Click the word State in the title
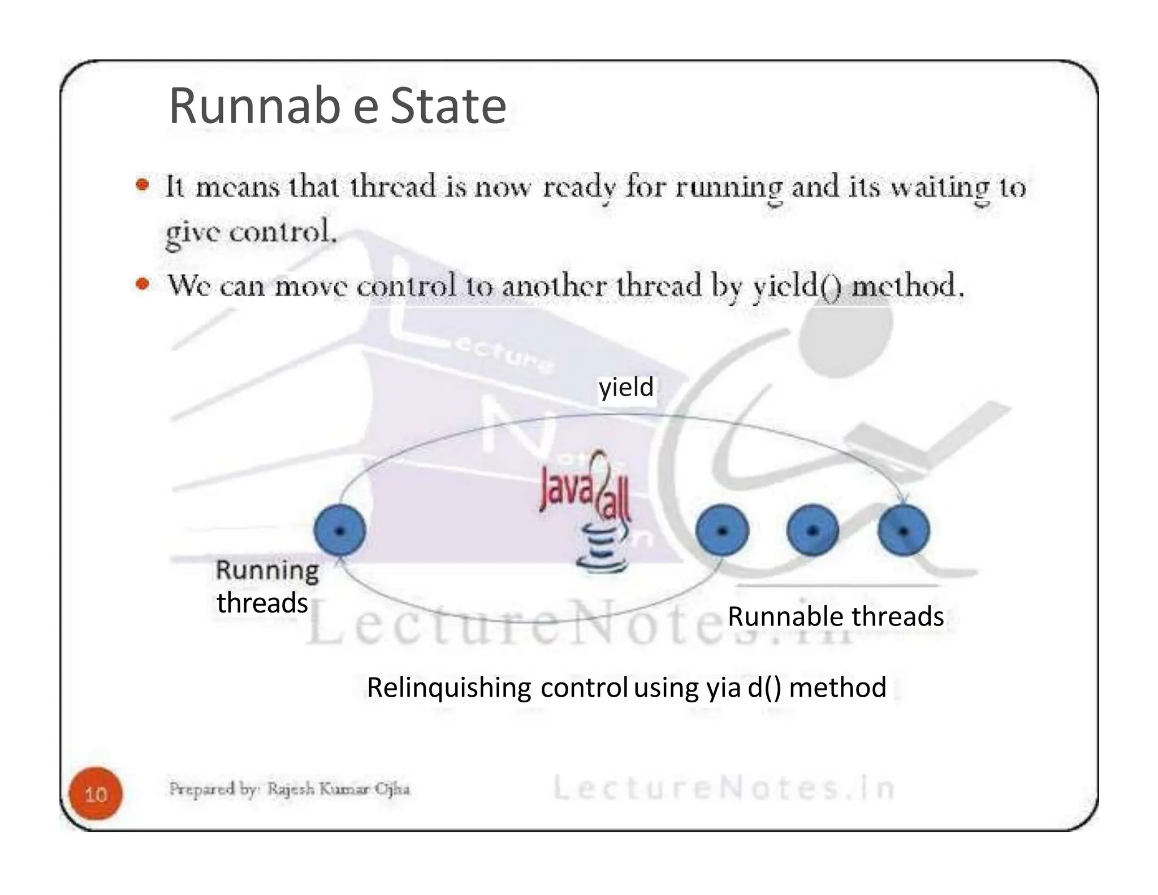click(448, 106)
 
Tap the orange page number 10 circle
click(96, 794)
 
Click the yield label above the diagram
click(626, 388)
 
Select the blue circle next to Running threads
click(340, 531)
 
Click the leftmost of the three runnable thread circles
click(722, 531)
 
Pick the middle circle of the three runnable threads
click(813, 531)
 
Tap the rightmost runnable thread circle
click(904, 531)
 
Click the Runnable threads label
click(835, 616)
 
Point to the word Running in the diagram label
click(267, 571)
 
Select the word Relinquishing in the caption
click(449, 688)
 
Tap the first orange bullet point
click(142, 185)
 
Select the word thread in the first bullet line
click(393, 186)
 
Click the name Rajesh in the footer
click(291, 789)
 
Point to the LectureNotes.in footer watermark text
click(724, 788)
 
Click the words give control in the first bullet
click(250, 232)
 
